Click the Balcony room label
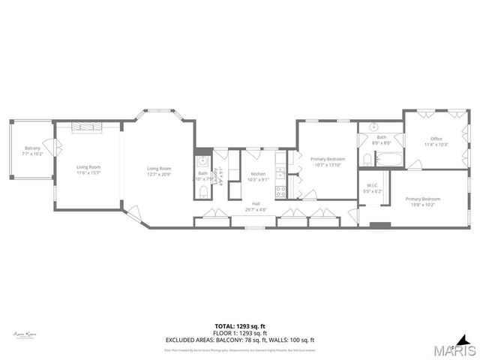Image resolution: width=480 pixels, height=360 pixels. coord(32,148)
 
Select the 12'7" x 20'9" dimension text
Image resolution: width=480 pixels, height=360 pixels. coord(159,173)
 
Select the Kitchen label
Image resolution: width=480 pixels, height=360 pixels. coord(258,174)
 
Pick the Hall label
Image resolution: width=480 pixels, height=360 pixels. coord(256,204)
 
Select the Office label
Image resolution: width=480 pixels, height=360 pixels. coord(436,139)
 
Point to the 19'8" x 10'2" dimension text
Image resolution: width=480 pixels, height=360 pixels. coord(423,203)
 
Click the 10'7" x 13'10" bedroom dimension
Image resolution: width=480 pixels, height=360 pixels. coord(328,164)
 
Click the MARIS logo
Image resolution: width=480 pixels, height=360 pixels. coord(453,349)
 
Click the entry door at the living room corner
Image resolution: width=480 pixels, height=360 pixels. coord(132,212)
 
